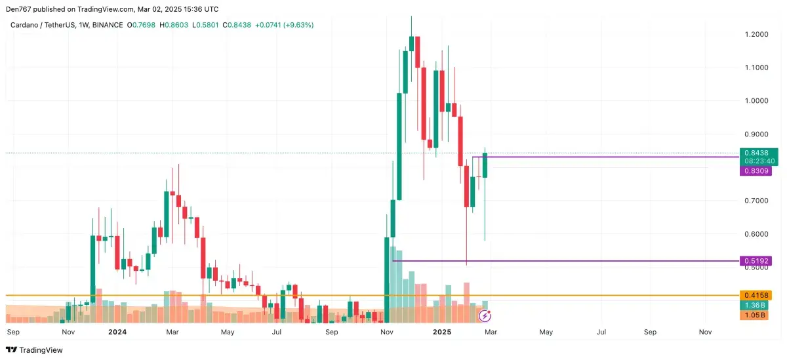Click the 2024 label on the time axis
point(117,332)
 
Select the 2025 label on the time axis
point(442,332)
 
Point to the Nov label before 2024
point(68,332)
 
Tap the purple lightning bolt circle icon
point(485,316)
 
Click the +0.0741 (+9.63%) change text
point(285,25)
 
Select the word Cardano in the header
point(24,25)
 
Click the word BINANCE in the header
point(108,25)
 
